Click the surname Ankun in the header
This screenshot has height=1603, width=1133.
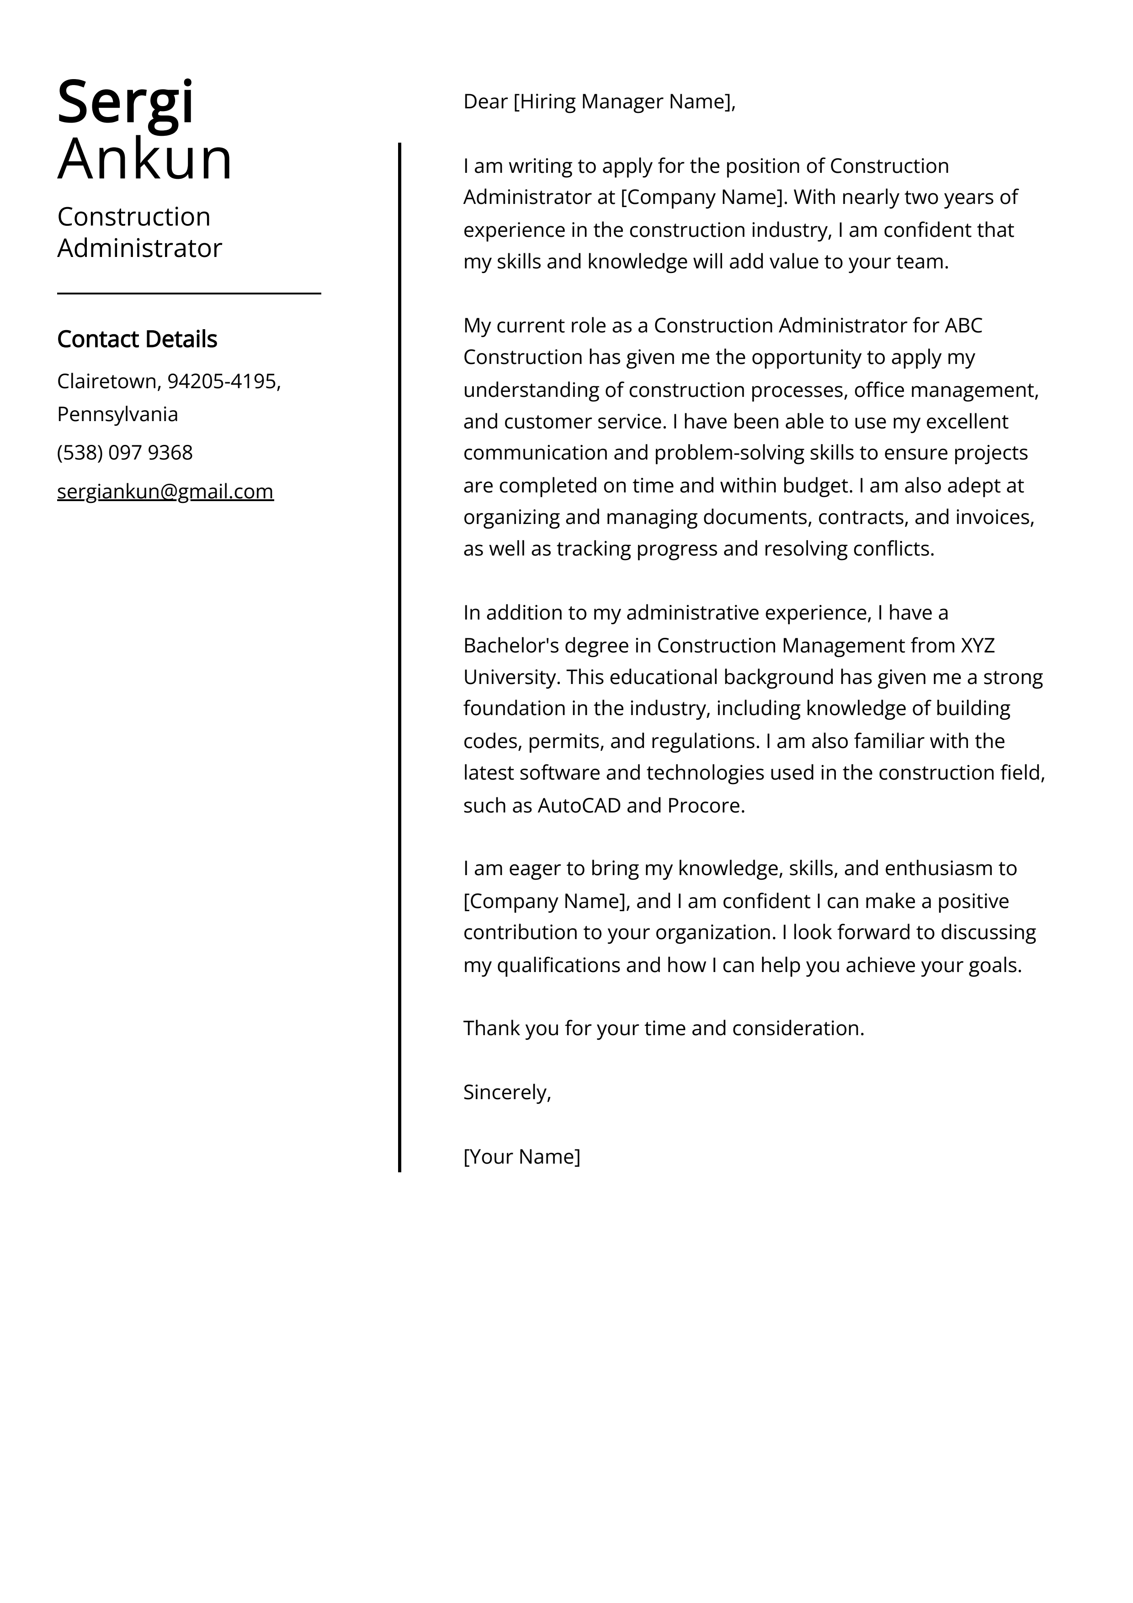click(x=144, y=159)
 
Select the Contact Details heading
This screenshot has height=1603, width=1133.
click(x=137, y=339)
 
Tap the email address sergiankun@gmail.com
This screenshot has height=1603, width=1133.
click(x=165, y=492)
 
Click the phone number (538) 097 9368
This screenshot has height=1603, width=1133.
click(x=124, y=452)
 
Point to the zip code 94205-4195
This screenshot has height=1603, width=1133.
click(x=222, y=381)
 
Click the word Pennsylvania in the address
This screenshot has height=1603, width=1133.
click(x=117, y=414)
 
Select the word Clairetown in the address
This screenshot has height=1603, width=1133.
click(x=108, y=381)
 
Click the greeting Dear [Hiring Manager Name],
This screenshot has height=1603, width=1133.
click(x=599, y=102)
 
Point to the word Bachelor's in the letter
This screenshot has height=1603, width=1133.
click(x=511, y=645)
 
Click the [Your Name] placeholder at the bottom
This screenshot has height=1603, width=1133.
click(x=521, y=1156)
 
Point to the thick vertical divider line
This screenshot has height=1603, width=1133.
click(x=399, y=656)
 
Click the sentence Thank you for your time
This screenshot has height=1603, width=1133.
click(x=663, y=1028)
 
